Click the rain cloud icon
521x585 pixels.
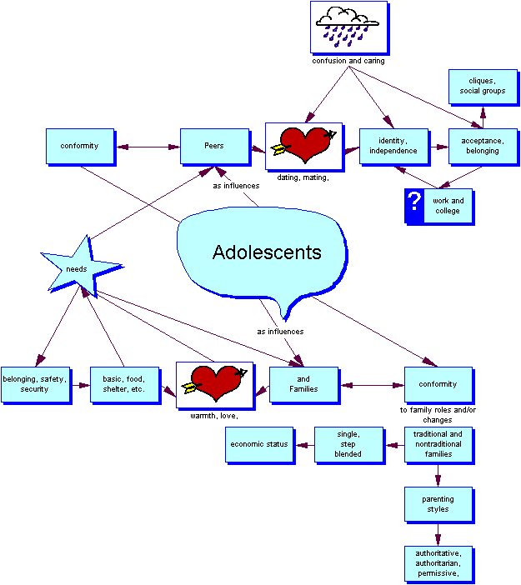tap(349, 27)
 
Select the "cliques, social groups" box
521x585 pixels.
tap(482, 86)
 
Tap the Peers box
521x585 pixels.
tap(214, 146)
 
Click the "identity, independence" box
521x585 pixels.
tap(393, 146)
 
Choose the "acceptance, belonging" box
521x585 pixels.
tap(482, 146)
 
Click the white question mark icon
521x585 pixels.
tap(414, 205)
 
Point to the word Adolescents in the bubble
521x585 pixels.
tap(267, 252)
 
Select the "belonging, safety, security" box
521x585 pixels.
tap(35, 384)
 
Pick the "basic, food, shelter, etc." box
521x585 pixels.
tap(124, 384)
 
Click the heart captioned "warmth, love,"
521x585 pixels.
tap(214, 384)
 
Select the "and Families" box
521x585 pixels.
tap(303, 384)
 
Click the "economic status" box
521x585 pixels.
tap(259, 444)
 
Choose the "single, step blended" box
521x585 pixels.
tap(348, 444)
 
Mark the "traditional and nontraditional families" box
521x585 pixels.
tap(438, 444)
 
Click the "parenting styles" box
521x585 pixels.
tap(438, 504)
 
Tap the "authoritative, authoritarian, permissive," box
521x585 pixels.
tap(438, 563)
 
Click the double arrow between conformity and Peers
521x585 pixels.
tap(148, 147)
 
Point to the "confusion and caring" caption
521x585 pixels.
tap(348, 61)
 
